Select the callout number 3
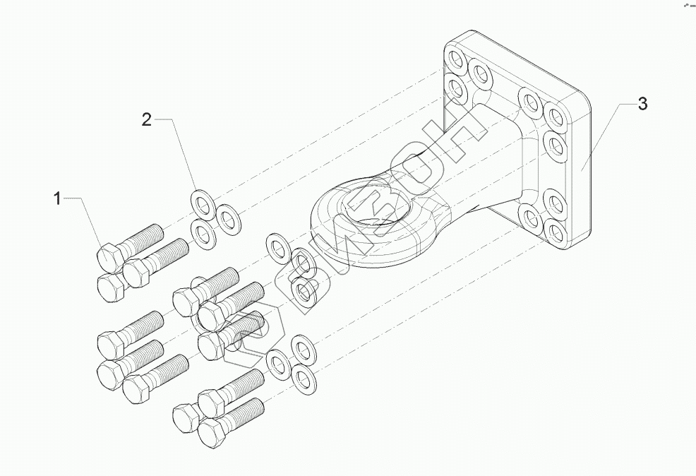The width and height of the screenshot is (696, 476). pyautogui.click(x=642, y=105)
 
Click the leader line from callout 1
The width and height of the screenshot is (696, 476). pyautogui.click(x=85, y=212)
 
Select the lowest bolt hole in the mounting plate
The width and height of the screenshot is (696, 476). pyautogui.click(x=554, y=232)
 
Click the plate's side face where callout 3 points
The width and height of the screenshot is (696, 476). pyautogui.click(x=582, y=169)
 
